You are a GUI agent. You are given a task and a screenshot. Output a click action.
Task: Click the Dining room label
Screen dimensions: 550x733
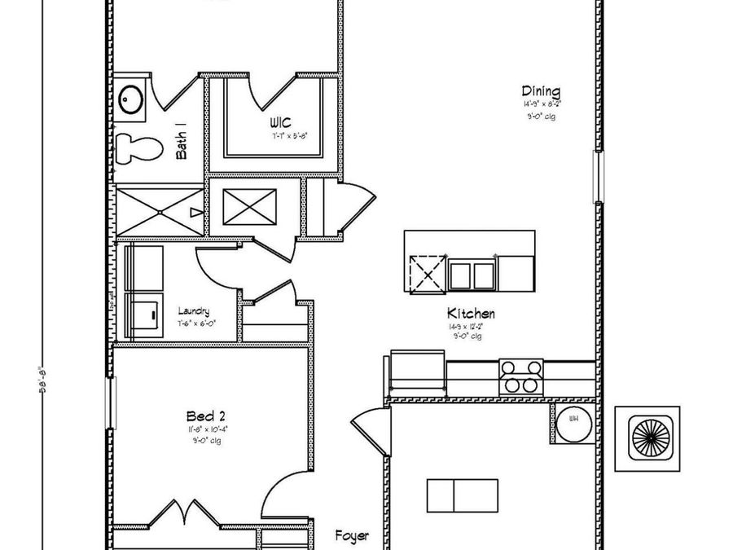pos(541,92)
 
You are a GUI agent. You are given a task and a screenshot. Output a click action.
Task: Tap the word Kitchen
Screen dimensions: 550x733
pos(471,313)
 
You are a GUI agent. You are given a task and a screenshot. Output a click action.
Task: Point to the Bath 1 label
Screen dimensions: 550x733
pos(182,141)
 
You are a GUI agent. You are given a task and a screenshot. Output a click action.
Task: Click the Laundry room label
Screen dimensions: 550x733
pos(194,311)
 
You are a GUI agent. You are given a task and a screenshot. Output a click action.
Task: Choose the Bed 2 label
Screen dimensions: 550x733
pos(200,416)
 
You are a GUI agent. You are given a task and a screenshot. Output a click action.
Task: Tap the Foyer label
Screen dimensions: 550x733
pos(352,536)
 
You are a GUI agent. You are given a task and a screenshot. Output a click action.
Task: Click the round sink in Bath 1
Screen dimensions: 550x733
pos(131,101)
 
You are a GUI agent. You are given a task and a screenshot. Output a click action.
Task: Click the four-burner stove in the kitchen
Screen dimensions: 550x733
pos(521,377)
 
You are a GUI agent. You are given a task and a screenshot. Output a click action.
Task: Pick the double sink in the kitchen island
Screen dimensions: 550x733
pos(472,275)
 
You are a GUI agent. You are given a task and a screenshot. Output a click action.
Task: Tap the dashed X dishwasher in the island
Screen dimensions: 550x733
pos(427,275)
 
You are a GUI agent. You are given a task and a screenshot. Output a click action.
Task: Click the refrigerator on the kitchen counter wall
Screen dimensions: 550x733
pos(418,373)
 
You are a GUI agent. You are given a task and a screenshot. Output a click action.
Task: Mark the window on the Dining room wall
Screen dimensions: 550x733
pos(599,177)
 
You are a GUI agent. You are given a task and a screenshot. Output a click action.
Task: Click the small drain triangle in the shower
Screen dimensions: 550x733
pos(195,213)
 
